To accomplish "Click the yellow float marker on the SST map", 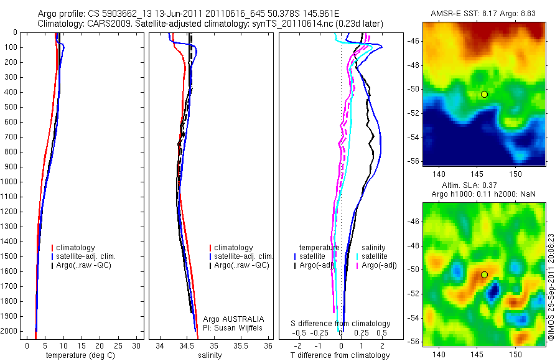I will pos(484,94).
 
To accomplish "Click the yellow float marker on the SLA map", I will pos(484,274).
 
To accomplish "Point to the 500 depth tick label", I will pos(12,107).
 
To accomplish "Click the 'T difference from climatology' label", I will pos(340,355).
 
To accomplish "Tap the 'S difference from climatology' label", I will pos(341,324).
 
